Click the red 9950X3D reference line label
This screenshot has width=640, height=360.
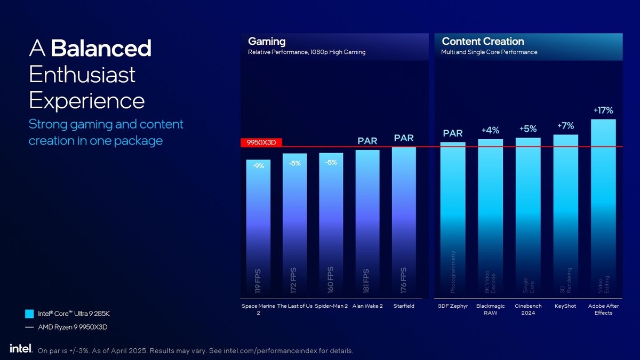coord(261,143)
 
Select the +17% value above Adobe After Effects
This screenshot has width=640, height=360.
coord(603,110)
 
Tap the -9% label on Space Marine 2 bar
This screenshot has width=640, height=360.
coord(258,166)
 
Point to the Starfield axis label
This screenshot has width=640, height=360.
coord(404,306)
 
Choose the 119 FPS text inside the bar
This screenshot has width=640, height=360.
coord(258,281)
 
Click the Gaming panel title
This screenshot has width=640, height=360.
coord(267,41)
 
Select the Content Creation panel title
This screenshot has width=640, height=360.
coord(483,41)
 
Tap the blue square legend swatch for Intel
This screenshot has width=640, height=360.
coord(29,313)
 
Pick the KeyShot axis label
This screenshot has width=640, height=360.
coord(565,306)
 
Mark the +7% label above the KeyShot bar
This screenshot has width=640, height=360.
coord(565,126)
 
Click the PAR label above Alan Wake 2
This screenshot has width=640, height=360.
coord(367,141)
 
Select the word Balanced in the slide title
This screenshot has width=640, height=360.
coord(101,49)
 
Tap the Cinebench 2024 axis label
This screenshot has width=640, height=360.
coord(528,309)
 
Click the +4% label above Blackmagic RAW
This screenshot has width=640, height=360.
coord(490,130)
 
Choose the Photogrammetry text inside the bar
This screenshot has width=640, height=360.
coord(453,271)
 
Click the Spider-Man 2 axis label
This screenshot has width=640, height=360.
coord(331,306)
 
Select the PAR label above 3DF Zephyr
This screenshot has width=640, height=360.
coord(453,133)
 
